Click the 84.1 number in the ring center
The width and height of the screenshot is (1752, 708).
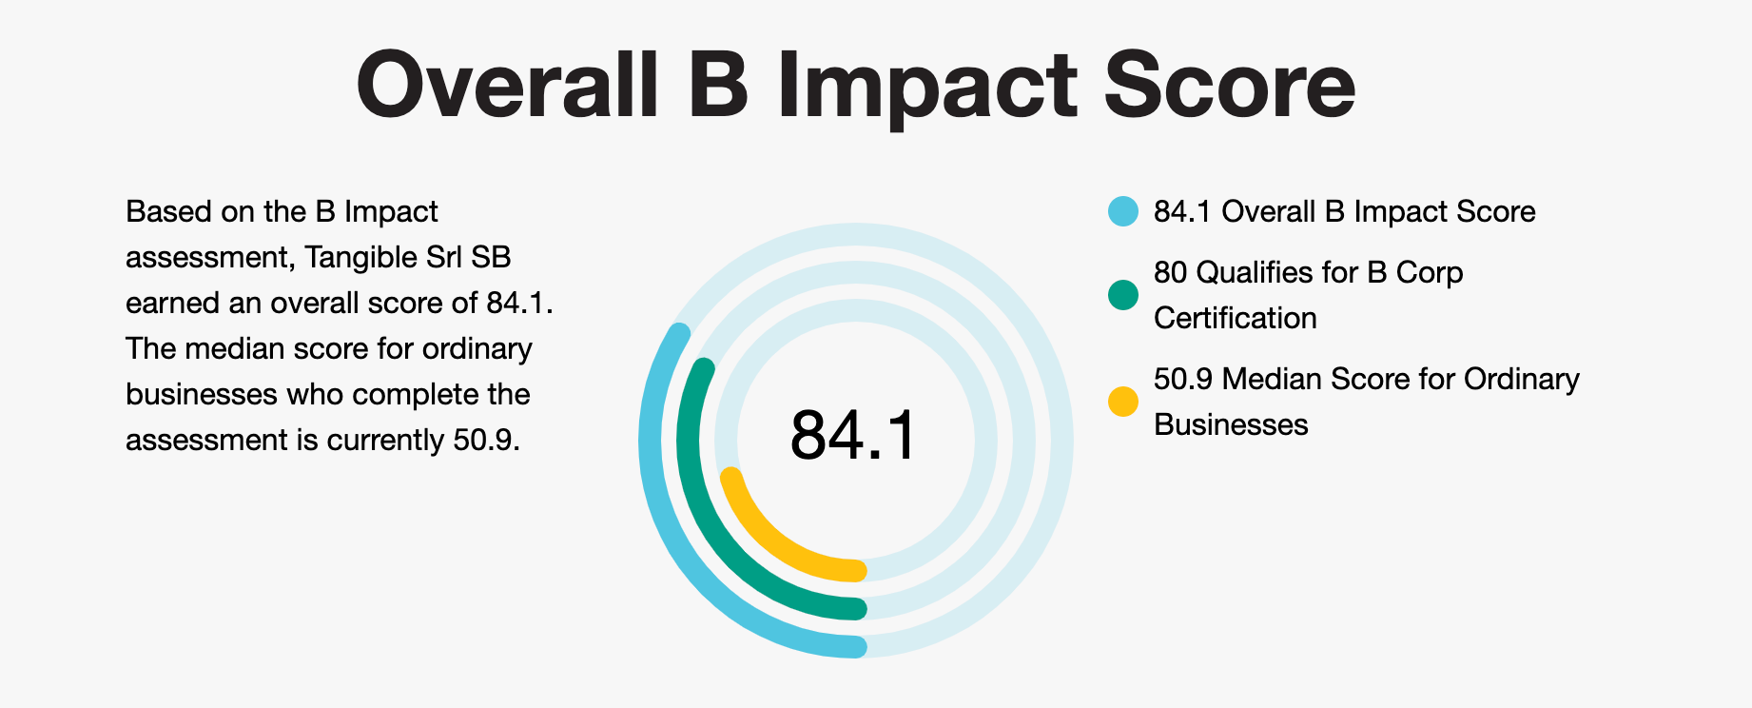pyautogui.click(x=853, y=436)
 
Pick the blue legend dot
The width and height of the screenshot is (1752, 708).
pyautogui.click(x=1123, y=211)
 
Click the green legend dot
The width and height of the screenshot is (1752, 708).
pyautogui.click(x=1123, y=295)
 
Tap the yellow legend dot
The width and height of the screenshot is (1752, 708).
pyautogui.click(x=1123, y=402)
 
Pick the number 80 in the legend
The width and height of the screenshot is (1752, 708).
pyautogui.click(x=1171, y=272)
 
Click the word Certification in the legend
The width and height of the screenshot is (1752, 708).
pyautogui.click(x=1235, y=318)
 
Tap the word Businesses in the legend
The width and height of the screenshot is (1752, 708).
pyautogui.click(x=1231, y=424)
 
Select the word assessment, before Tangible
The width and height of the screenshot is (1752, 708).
pyautogui.click(x=206, y=257)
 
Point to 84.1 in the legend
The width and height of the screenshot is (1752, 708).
pyautogui.click(x=1182, y=211)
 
